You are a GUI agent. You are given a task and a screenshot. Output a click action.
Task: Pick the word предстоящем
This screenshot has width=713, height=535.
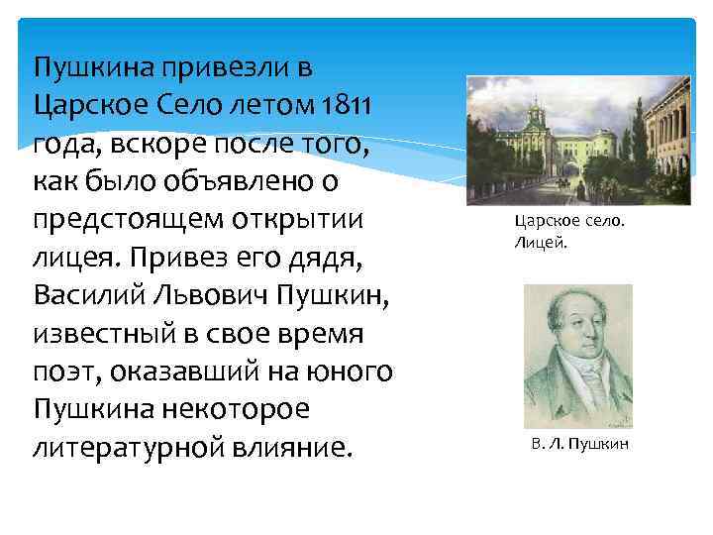[x=128, y=220]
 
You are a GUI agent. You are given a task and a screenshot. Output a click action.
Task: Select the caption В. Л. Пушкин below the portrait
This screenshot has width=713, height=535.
[x=579, y=444]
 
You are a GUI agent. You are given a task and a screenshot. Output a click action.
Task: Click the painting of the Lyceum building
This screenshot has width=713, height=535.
[x=578, y=139]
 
